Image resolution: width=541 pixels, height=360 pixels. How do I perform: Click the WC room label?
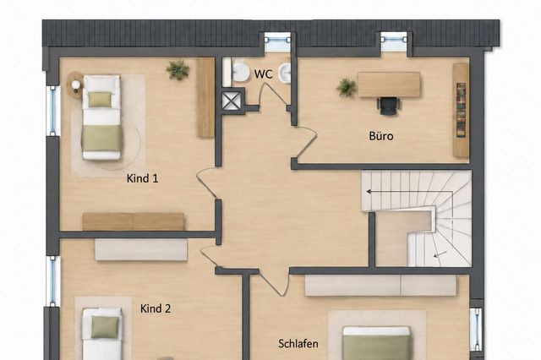263,74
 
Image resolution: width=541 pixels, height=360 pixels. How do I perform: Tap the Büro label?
381,136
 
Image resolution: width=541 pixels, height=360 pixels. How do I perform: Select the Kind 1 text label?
142,178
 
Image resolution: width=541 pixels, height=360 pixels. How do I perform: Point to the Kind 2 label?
156,308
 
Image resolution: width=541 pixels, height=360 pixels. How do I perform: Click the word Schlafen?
298,343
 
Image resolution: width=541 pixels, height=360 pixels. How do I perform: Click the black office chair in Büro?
389,105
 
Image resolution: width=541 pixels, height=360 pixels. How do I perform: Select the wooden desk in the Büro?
389,85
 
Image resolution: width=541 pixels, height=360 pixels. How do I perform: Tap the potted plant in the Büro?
346,87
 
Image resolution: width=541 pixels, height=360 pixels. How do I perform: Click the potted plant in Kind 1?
178,70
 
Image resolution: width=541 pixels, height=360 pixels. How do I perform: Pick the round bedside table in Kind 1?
75,84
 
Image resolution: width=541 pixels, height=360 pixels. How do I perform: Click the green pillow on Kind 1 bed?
100,100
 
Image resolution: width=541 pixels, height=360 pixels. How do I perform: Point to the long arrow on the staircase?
409,191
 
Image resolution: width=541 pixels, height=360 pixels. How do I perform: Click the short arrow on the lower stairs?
440,255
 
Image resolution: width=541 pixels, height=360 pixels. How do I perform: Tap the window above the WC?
278,40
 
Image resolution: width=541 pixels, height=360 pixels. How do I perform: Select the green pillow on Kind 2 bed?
105,327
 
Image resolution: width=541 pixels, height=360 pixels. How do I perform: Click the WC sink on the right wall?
285,74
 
